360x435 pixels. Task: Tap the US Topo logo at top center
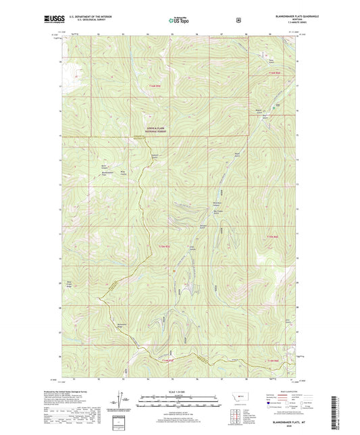(x=178, y=21)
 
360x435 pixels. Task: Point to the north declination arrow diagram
(x=128, y=399)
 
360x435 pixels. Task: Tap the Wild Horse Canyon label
(x=217, y=204)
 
